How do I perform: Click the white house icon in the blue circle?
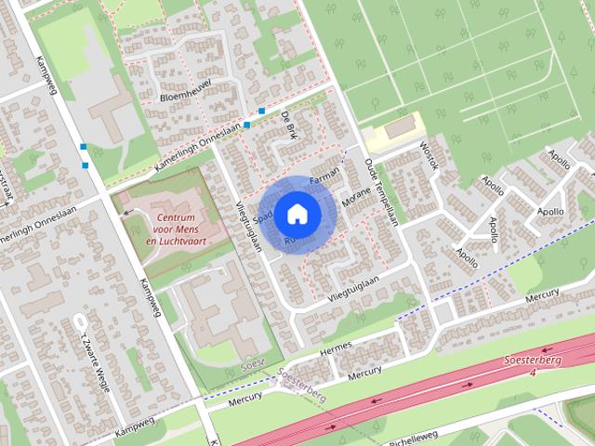[x=297, y=214]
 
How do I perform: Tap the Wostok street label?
[x=427, y=157]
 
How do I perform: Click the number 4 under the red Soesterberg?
[x=534, y=373]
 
